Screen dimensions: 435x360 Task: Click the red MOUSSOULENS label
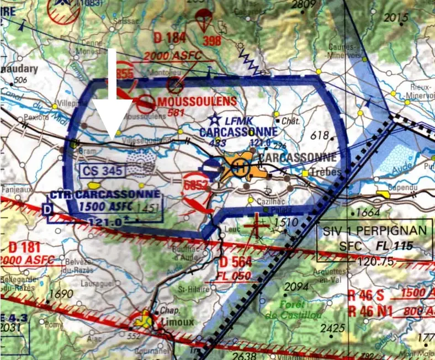(x=197, y=102)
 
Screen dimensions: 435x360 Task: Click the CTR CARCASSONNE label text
(x=105, y=195)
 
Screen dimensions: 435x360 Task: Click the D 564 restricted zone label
(x=236, y=262)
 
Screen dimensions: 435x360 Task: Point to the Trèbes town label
(x=326, y=173)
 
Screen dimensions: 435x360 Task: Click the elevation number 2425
(x=332, y=329)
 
